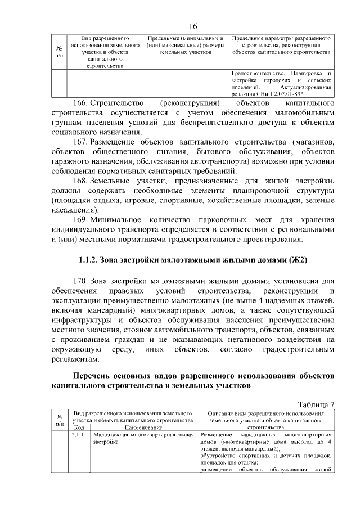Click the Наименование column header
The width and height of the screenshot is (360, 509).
(x=142, y=427)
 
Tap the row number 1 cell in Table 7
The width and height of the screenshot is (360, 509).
(x=59, y=435)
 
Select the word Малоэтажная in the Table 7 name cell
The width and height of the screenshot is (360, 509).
(x=112, y=435)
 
